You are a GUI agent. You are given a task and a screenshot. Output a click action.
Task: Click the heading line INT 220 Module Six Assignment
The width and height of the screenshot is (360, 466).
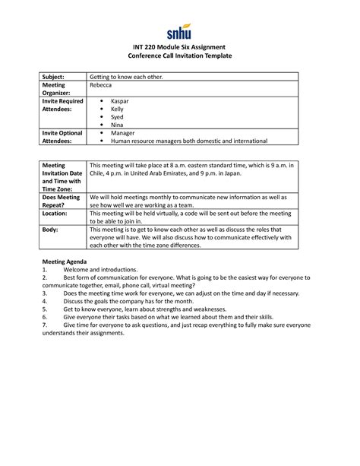[179, 49]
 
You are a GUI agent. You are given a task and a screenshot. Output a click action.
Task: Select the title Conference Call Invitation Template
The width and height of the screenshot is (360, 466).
[179, 58]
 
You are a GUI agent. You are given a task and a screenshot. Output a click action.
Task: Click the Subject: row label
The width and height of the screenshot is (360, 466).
[54, 78]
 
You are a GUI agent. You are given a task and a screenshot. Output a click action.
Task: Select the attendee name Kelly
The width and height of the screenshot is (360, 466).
[118, 109]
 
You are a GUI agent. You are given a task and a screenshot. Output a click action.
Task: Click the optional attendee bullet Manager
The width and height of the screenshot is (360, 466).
[123, 133]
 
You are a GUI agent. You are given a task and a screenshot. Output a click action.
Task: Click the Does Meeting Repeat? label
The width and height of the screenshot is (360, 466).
[61, 200]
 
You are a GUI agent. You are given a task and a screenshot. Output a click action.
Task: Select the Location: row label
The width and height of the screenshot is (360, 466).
[56, 214]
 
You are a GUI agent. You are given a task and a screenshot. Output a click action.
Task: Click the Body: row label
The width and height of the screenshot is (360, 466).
[50, 229]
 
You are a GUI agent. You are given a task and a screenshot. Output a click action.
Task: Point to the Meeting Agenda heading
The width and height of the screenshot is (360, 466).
[65, 262]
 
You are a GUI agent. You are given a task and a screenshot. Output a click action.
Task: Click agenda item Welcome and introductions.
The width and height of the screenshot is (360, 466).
[100, 270]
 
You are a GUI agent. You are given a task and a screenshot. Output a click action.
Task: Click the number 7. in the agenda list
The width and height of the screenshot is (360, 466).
[45, 325]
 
